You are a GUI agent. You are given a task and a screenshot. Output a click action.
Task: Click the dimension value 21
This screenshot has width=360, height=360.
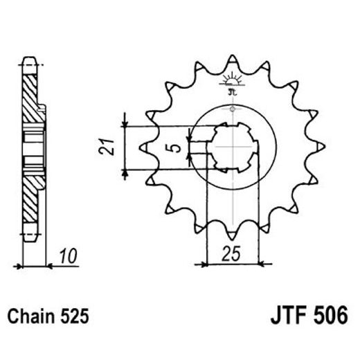tap(105, 147)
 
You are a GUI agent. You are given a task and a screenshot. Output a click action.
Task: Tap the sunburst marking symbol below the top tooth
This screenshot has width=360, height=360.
tap(231, 78)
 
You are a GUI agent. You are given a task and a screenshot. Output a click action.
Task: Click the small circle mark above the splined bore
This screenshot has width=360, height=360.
tap(233, 109)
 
